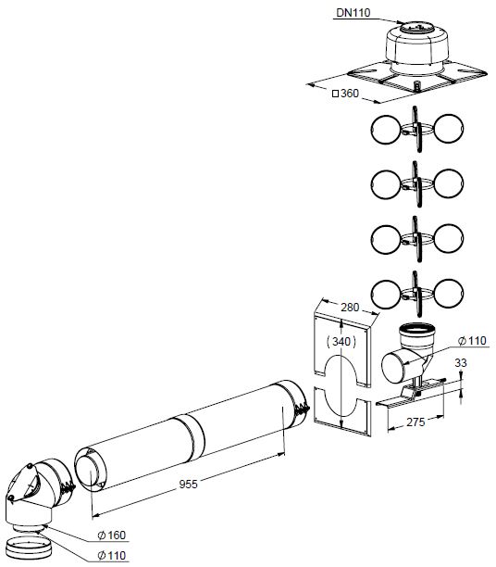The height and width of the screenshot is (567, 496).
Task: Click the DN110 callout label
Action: coord(353,13)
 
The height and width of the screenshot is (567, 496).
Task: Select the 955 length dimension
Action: coord(188,484)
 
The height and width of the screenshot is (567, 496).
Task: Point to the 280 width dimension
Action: coord(350,308)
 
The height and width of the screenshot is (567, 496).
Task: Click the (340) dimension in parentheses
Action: coord(341,341)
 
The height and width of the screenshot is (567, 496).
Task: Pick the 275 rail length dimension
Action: coord(415,422)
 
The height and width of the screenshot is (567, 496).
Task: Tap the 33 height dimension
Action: coord(461,362)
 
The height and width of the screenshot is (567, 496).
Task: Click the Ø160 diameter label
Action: coord(112,535)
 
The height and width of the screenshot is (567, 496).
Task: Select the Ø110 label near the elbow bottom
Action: coord(112,555)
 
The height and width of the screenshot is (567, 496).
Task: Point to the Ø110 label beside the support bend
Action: coord(472,340)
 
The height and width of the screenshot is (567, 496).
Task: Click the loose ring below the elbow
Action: coord(30,548)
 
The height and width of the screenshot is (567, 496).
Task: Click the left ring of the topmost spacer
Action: coord(386,129)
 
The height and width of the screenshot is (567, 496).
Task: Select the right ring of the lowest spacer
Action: coord(448,294)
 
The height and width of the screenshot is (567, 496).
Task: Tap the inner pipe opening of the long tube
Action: coord(89,472)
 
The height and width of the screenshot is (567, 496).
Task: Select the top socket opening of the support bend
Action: coord(418,328)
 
